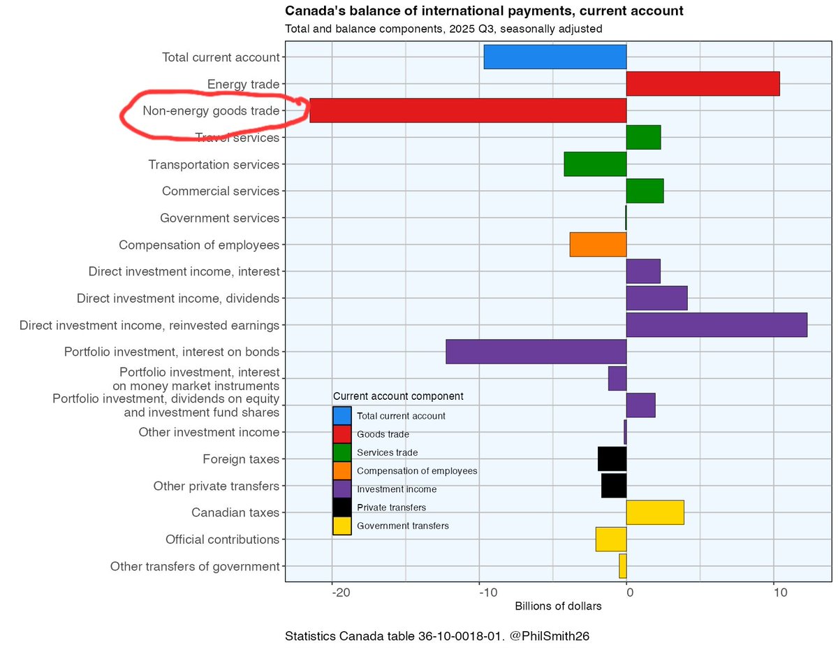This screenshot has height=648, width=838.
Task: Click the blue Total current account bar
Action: pyautogui.click(x=554, y=57)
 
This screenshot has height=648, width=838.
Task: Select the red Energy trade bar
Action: pyautogui.click(x=703, y=84)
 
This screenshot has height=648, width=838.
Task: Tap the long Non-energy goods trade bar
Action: pyautogui.click(x=468, y=110)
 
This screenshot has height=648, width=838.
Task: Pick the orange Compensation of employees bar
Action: pyautogui.click(x=598, y=245)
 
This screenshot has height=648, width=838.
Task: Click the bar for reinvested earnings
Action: pyautogui.click(x=716, y=325)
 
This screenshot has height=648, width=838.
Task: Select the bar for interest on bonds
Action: pyautogui.click(x=536, y=352)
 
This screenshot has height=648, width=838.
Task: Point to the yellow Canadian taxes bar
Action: pyautogui.click(x=655, y=512)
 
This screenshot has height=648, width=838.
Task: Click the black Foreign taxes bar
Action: pyautogui.click(x=612, y=459)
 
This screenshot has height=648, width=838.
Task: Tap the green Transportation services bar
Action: pyautogui.click(x=595, y=164)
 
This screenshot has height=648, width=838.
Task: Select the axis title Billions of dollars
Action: pyautogui.click(x=558, y=607)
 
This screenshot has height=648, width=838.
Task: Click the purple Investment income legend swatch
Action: pyautogui.click(x=342, y=489)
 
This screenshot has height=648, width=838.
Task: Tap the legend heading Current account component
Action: pyautogui.click(x=398, y=396)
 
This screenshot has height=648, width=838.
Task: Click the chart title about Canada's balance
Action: pyautogui.click(x=484, y=11)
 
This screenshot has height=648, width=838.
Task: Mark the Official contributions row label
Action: pyautogui.click(x=222, y=540)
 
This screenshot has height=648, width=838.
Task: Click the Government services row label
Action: pyautogui.click(x=219, y=218)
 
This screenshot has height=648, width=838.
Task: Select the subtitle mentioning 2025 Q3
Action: pyautogui.click(x=443, y=29)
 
